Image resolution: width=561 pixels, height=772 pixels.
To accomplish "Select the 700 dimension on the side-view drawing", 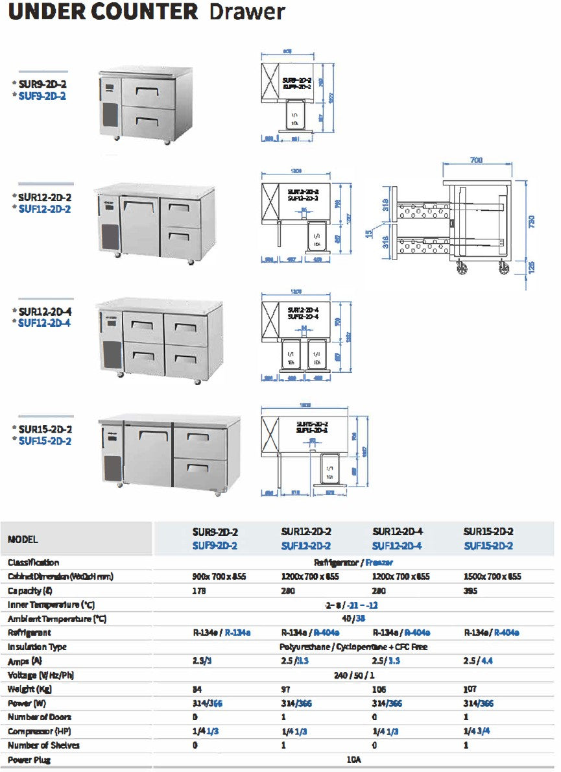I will coord(478,159).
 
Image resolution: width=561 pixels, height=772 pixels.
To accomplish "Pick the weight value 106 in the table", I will coord(379,689).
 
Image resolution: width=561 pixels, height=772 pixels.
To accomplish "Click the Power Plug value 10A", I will coord(353,760).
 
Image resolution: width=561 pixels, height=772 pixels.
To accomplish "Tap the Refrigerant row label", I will coord(29,633).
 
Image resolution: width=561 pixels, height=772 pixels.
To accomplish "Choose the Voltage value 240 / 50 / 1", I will coord(353,675).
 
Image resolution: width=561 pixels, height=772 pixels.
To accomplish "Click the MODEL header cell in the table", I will coord(23,539).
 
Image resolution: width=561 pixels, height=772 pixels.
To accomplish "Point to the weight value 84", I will coord(197,689).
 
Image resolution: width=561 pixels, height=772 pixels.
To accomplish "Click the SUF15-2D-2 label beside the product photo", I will coord(45,441).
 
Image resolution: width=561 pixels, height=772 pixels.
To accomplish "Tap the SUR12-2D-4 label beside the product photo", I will coord(45,311).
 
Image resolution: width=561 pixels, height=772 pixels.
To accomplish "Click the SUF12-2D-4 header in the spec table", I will coord(397,546).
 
